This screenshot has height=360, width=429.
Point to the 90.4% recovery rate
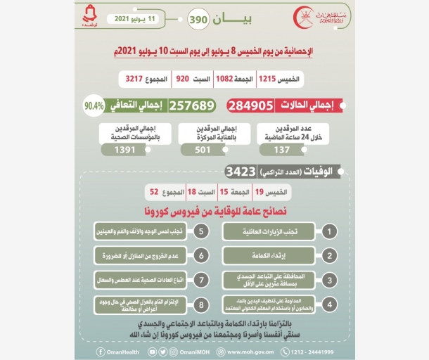click(93, 106)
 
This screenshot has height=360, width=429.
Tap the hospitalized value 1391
click(125, 149)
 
